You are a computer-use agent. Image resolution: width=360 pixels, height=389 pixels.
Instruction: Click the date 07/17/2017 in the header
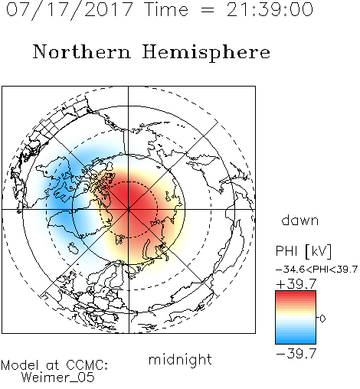(x=70, y=10)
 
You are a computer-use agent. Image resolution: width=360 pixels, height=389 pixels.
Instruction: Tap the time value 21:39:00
(x=270, y=10)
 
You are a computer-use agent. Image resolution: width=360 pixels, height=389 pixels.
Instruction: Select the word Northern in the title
(x=82, y=51)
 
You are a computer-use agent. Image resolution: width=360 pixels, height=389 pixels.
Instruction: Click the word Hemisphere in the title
(x=206, y=52)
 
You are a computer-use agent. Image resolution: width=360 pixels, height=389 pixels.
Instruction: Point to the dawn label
(x=300, y=220)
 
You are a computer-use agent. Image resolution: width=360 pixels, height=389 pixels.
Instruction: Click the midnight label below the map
(x=180, y=359)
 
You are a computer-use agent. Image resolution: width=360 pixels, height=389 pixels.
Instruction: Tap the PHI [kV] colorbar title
(x=303, y=251)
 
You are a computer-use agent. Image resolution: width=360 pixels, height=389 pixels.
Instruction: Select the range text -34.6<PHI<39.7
(x=316, y=270)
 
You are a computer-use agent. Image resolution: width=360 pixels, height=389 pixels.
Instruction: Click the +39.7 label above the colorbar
(x=296, y=283)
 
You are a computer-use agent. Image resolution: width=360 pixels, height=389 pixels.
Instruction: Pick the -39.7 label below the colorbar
(x=296, y=354)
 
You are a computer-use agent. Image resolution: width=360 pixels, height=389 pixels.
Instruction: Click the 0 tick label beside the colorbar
(x=322, y=319)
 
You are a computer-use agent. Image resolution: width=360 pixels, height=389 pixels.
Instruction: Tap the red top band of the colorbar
(x=296, y=294)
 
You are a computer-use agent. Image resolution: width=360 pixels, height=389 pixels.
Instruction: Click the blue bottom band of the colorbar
(x=296, y=341)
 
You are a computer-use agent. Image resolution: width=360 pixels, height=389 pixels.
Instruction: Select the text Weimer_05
(x=58, y=378)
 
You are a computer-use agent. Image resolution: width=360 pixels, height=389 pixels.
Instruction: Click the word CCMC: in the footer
(x=87, y=365)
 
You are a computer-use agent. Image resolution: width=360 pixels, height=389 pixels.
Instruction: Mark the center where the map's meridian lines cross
(x=129, y=209)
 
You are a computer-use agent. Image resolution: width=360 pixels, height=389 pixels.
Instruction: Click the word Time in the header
(x=166, y=10)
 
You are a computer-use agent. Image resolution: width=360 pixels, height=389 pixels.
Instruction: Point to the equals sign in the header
(x=208, y=10)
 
